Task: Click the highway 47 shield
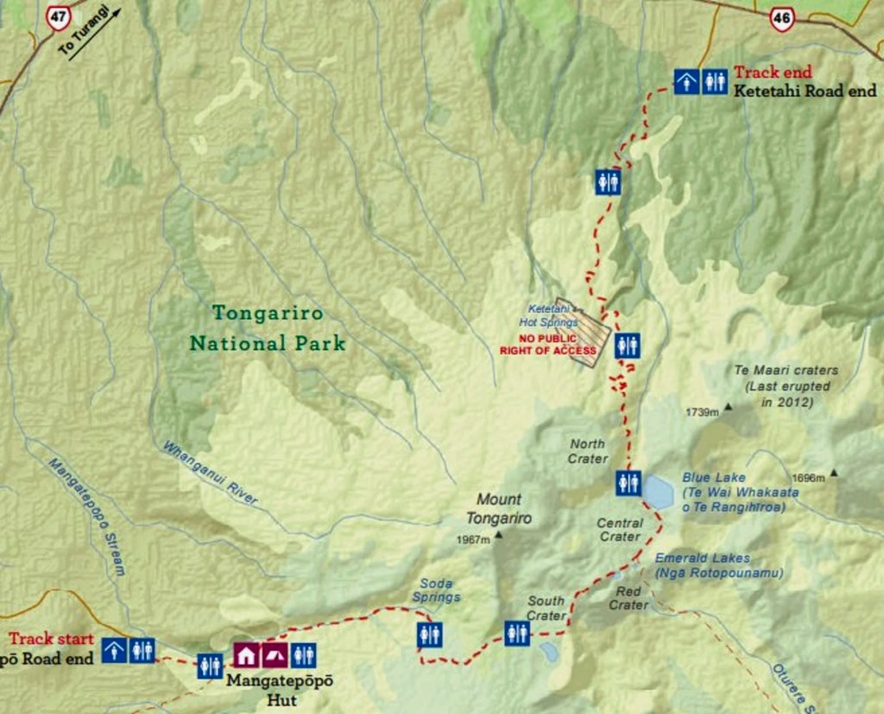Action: click(58, 16)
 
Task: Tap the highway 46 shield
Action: click(782, 19)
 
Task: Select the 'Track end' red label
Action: click(773, 73)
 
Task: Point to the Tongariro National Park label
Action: click(267, 328)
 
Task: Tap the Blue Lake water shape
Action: click(659, 492)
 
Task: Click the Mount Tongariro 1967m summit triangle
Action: click(498, 535)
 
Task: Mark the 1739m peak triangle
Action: click(729, 406)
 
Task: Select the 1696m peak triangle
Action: click(833, 473)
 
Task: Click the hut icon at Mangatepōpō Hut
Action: click(246, 655)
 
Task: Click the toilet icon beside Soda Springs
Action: click(429, 635)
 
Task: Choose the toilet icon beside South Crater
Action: click(517, 633)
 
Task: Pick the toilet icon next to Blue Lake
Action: click(628, 483)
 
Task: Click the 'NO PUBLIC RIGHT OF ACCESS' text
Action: click(547, 345)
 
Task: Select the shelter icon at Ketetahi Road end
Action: click(687, 82)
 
